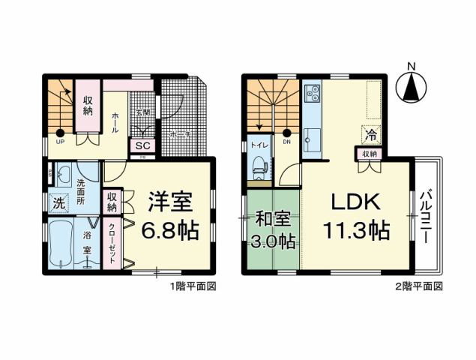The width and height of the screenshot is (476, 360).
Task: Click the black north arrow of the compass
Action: point(411,90)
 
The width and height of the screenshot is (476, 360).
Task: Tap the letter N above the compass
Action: point(411,65)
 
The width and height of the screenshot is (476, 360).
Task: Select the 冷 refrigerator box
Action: point(370,136)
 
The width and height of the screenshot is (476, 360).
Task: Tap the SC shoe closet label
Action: point(142,145)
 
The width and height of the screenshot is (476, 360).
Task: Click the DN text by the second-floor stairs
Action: point(286,142)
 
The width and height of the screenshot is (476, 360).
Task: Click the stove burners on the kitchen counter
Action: point(313,94)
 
